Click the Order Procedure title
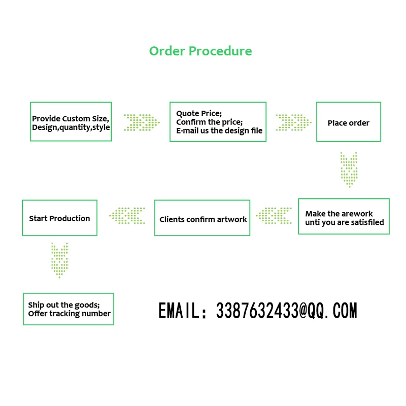point(200,51)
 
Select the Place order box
point(348,122)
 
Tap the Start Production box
point(59,218)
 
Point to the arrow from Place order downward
point(349,169)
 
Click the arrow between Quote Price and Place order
point(293,122)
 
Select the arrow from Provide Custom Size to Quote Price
point(142,122)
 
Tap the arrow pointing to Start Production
point(127,216)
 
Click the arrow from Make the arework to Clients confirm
point(274,216)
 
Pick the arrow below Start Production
point(60,260)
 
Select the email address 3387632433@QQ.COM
point(286,311)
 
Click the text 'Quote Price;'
point(199,114)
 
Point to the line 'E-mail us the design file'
point(219,131)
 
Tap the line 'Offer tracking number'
point(69,314)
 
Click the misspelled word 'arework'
point(357,214)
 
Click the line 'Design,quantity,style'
point(71,127)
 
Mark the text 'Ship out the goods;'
point(63,305)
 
